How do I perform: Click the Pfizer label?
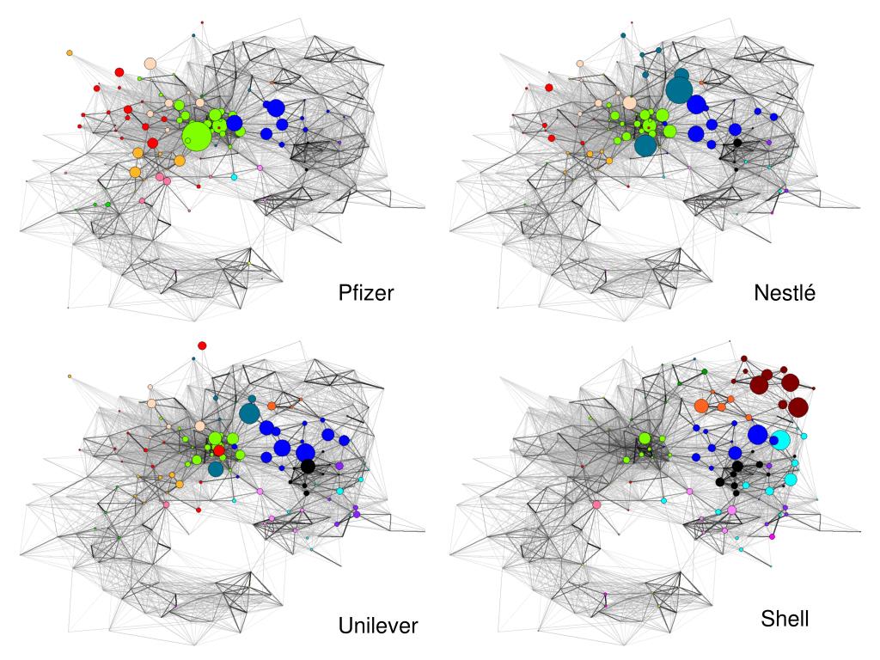pos(366,292)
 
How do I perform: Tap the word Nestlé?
pos(784,292)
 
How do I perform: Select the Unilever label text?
pos(378,626)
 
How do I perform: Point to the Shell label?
pos(785,619)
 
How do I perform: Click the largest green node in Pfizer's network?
pos(197,137)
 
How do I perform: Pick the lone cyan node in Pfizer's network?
pos(234,177)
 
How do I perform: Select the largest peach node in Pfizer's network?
pos(150,64)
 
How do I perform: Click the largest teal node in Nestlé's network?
pos(679,89)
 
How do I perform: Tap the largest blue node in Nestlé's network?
pos(696,104)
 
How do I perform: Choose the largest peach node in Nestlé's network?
pos(630,103)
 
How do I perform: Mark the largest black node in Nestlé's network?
pos(737,143)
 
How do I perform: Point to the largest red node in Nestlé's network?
pos(549,88)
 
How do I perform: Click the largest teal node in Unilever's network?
pos(249,413)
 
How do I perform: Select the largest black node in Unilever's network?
pos(308,466)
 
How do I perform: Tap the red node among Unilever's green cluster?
pos(219,450)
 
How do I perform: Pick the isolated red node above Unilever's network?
pos(202,345)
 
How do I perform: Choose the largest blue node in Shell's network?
pos(758,434)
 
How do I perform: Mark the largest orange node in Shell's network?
pos(701,406)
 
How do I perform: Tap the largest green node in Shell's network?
pos(645,438)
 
